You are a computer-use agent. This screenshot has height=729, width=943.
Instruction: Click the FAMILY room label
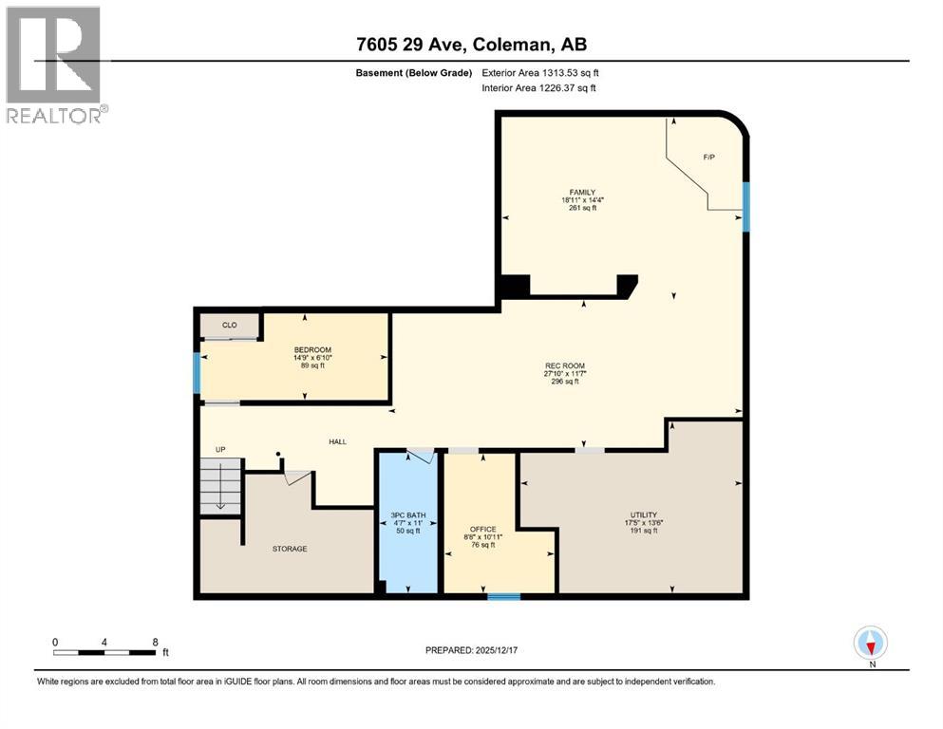(582, 193)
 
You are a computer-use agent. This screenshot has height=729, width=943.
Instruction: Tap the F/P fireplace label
(708, 156)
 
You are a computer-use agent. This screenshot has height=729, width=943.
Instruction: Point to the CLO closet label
(229, 325)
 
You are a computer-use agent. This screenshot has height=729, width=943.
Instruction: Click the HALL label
(337, 441)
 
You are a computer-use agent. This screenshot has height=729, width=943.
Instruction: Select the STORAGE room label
(290, 549)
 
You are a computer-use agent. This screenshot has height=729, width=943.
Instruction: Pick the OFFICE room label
(483, 529)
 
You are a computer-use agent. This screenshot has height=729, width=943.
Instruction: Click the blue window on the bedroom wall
(198, 373)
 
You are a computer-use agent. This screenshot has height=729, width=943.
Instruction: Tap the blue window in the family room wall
(746, 207)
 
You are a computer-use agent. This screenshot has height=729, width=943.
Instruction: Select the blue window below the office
(503, 597)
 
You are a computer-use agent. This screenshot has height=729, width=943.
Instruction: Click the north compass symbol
(871, 644)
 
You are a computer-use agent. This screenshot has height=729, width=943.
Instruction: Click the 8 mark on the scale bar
(155, 642)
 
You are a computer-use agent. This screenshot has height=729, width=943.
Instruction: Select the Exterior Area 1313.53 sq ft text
(540, 71)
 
